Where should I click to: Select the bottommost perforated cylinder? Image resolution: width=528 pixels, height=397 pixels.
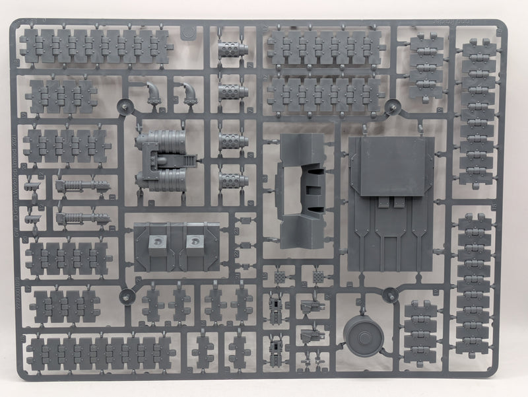232,180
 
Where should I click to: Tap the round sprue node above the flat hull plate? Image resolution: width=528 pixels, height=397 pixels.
392,106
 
